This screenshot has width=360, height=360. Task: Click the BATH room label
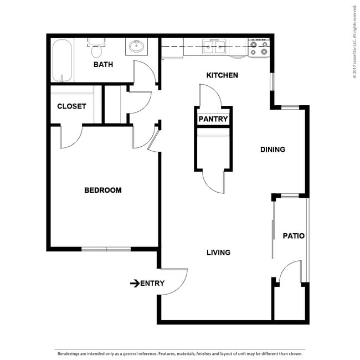[x=103, y=64]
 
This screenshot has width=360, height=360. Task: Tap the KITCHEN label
[x=222, y=75]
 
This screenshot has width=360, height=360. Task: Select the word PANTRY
[x=213, y=119]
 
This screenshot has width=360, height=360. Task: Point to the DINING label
[x=272, y=149]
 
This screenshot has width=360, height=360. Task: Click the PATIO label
[x=293, y=235]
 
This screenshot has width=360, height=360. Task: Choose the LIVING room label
[x=218, y=252]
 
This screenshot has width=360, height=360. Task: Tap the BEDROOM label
[x=102, y=190]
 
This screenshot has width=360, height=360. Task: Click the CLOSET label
[x=71, y=106]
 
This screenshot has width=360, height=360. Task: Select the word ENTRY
[x=152, y=283]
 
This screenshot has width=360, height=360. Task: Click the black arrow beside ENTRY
[x=134, y=283]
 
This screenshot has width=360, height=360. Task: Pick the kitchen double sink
[x=214, y=47]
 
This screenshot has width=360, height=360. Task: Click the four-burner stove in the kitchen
[x=258, y=48]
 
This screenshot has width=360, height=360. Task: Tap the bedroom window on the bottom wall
[x=106, y=249]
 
